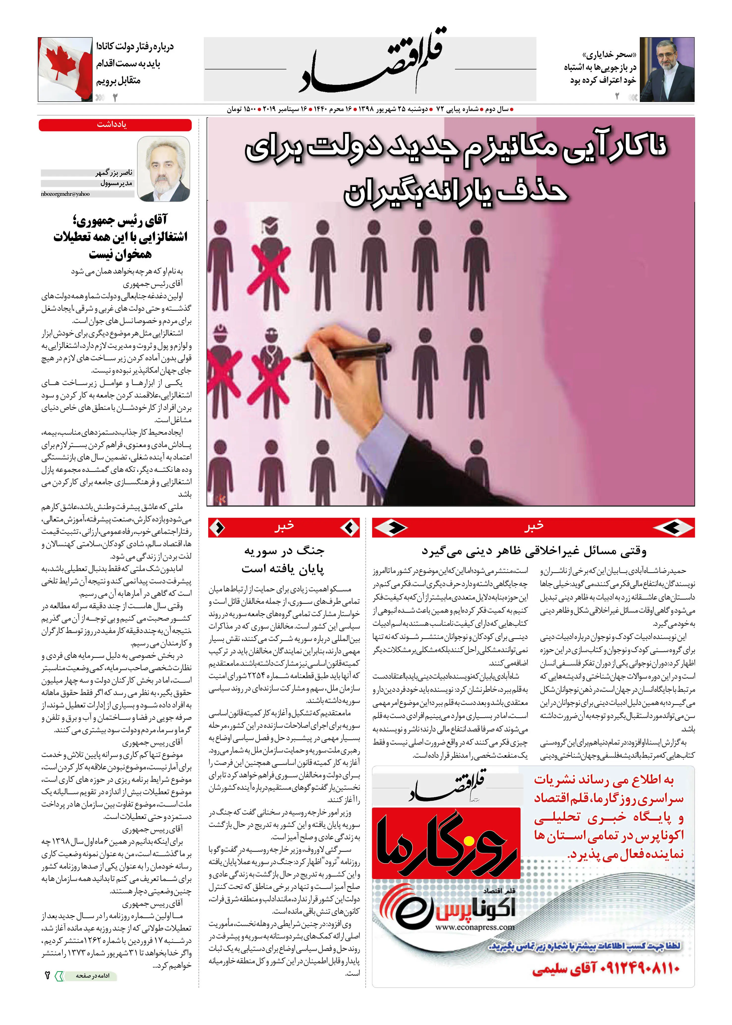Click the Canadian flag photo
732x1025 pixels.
[66, 69]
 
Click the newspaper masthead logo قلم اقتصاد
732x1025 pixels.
[371, 63]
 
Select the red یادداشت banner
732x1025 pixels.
[115, 125]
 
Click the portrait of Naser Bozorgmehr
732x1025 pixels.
[163, 169]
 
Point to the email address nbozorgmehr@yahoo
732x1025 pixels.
[65, 194]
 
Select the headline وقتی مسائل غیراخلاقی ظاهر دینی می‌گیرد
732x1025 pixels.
[533, 551]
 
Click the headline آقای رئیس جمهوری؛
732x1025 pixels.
[119, 220]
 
